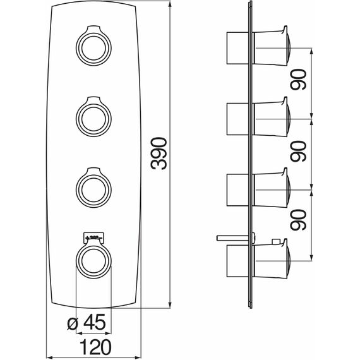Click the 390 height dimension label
click(159, 153)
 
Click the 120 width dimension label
click(96, 347)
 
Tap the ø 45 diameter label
click(87, 322)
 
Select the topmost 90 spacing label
click(298, 80)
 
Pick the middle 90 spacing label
click(298, 151)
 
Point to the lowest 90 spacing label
click(298, 220)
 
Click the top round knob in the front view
click(93, 45)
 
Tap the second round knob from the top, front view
click(93, 117)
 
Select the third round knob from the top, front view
click(93, 188)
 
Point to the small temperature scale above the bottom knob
click(93, 238)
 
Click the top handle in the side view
click(272, 46)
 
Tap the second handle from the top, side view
click(272, 117)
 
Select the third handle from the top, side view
click(272, 188)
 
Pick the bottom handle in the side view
click(272, 259)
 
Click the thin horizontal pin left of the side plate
click(233, 238)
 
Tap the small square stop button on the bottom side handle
click(275, 242)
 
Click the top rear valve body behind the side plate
click(238, 48)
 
